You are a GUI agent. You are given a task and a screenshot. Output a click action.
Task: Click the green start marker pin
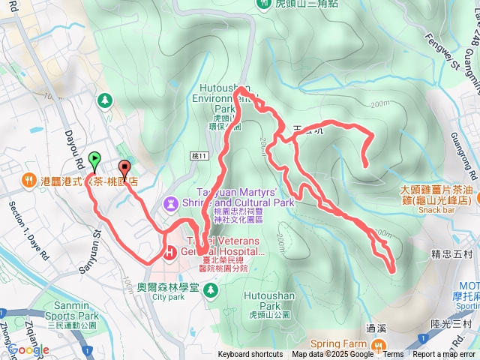94,160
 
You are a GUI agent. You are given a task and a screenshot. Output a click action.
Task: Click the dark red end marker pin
124,169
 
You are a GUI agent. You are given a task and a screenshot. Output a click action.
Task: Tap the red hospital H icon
169,253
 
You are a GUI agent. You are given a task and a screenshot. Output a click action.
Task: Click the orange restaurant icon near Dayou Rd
28,180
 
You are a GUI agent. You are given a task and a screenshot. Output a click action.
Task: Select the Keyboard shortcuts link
250,355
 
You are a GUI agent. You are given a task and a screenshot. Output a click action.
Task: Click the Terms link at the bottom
393,355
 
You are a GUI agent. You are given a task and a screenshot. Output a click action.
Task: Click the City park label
167,276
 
